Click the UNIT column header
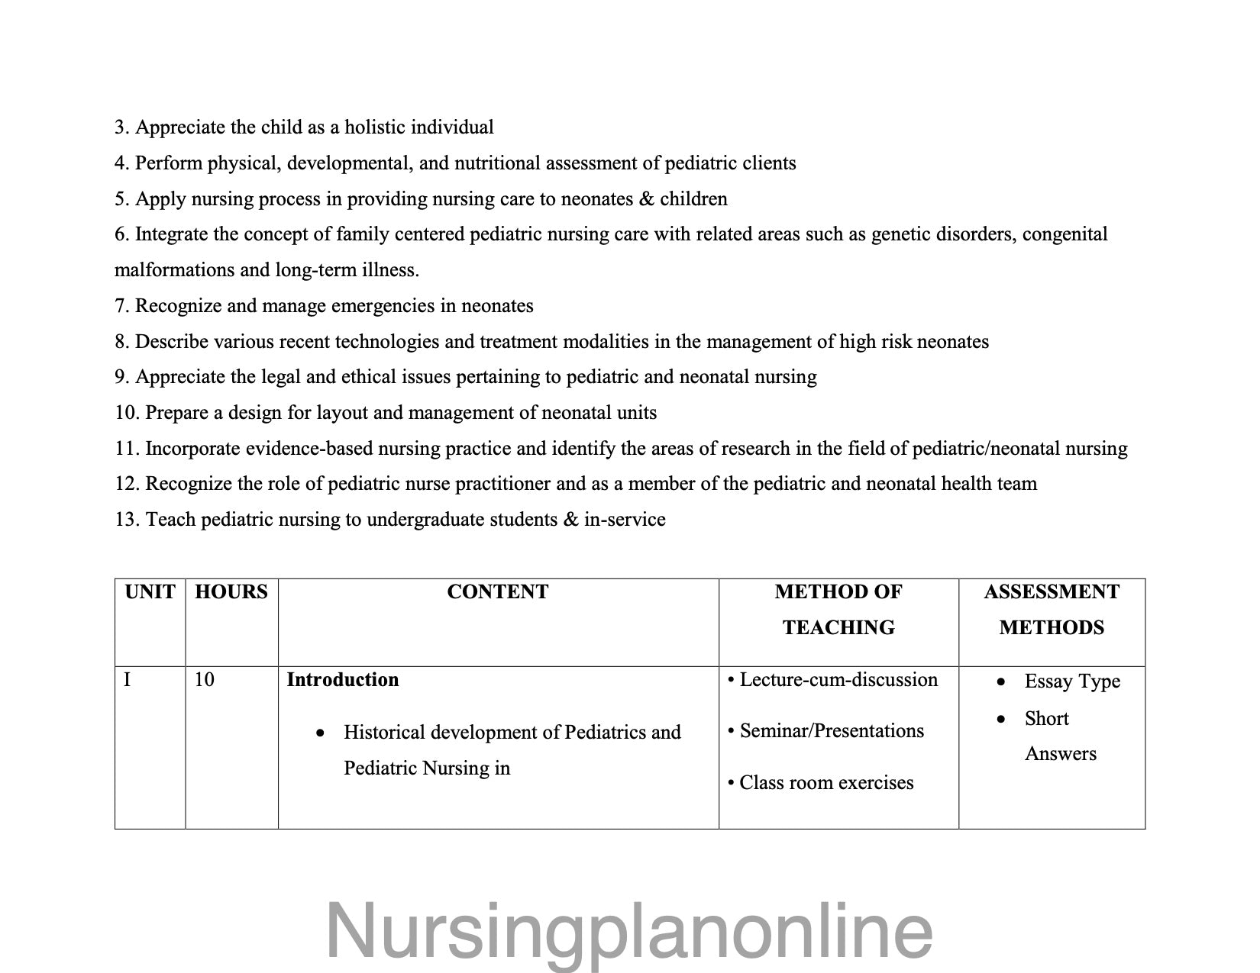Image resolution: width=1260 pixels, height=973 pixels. [150, 592]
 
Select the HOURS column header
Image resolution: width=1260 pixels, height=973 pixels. [231, 592]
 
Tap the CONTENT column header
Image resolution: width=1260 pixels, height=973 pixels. [498, 592]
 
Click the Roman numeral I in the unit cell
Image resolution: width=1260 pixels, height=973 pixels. [127, 679]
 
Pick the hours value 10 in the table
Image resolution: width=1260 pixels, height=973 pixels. [204, 679]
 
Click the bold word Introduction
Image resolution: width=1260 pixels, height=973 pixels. [342, 680]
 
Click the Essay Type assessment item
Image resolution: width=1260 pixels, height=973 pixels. [1072, 681]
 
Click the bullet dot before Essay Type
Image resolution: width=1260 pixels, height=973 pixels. [1001, 682]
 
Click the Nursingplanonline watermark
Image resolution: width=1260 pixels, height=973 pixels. [629, 931]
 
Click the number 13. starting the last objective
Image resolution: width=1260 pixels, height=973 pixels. [127, 520]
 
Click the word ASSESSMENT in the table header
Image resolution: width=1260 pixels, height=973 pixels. [1052, 592]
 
